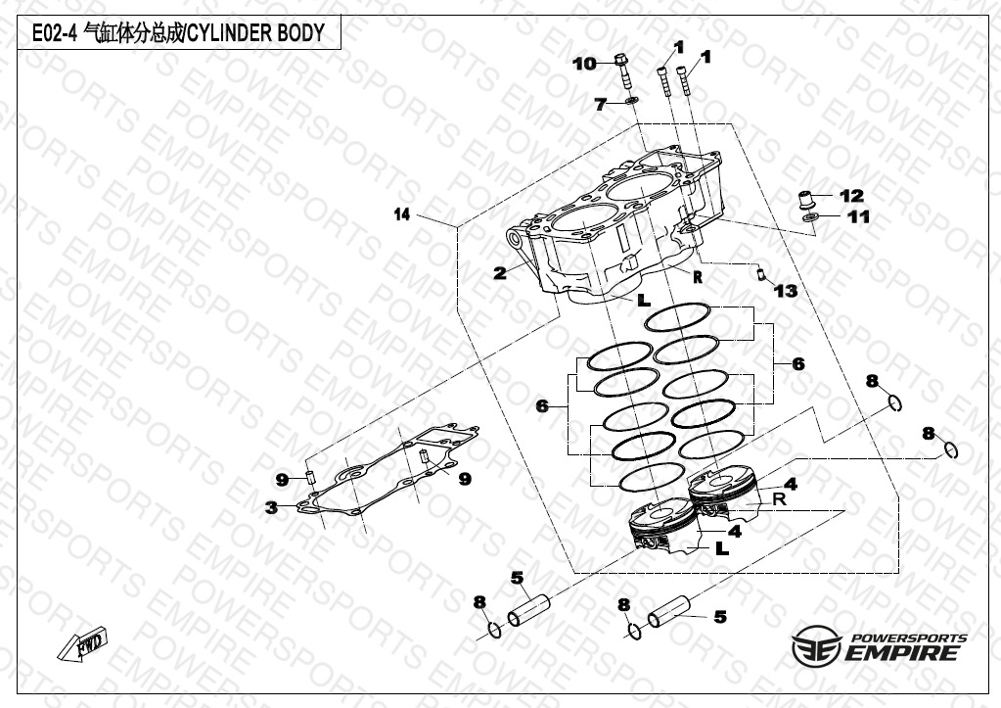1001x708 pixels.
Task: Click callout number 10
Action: click(584, 64)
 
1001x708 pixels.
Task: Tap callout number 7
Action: click(600, 104)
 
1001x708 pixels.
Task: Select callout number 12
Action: click(851, 196)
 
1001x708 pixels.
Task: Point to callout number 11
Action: click(858, 216)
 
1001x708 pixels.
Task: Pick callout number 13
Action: click(786, 291)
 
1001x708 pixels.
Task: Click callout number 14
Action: click(401, 214)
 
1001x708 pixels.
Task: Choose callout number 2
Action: click(500, 273)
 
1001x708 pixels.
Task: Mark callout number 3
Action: click(272, 508)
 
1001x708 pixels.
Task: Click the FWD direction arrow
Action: click(82, 643)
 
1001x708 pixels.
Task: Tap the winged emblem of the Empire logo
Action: click(816, 645)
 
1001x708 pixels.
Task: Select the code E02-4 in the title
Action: click(54, 33)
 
